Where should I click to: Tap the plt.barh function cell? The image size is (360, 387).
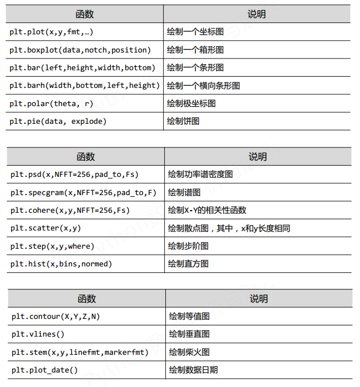[85, 85]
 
